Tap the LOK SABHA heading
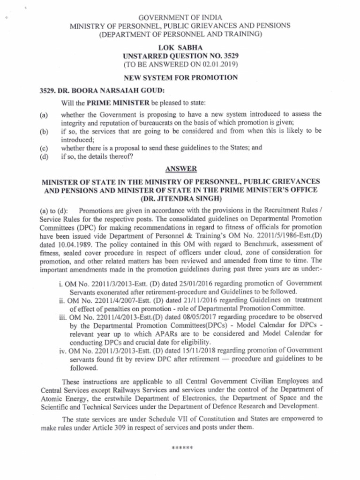[x=180, y=47]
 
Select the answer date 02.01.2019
[x=220, y=63]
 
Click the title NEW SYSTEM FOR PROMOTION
[x=180, y=77]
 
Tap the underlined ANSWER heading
[x=180, y=168]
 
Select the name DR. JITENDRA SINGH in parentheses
[x=180, y=198]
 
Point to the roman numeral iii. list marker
[x=62, y=316]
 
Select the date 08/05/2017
[x=184, y=316]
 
